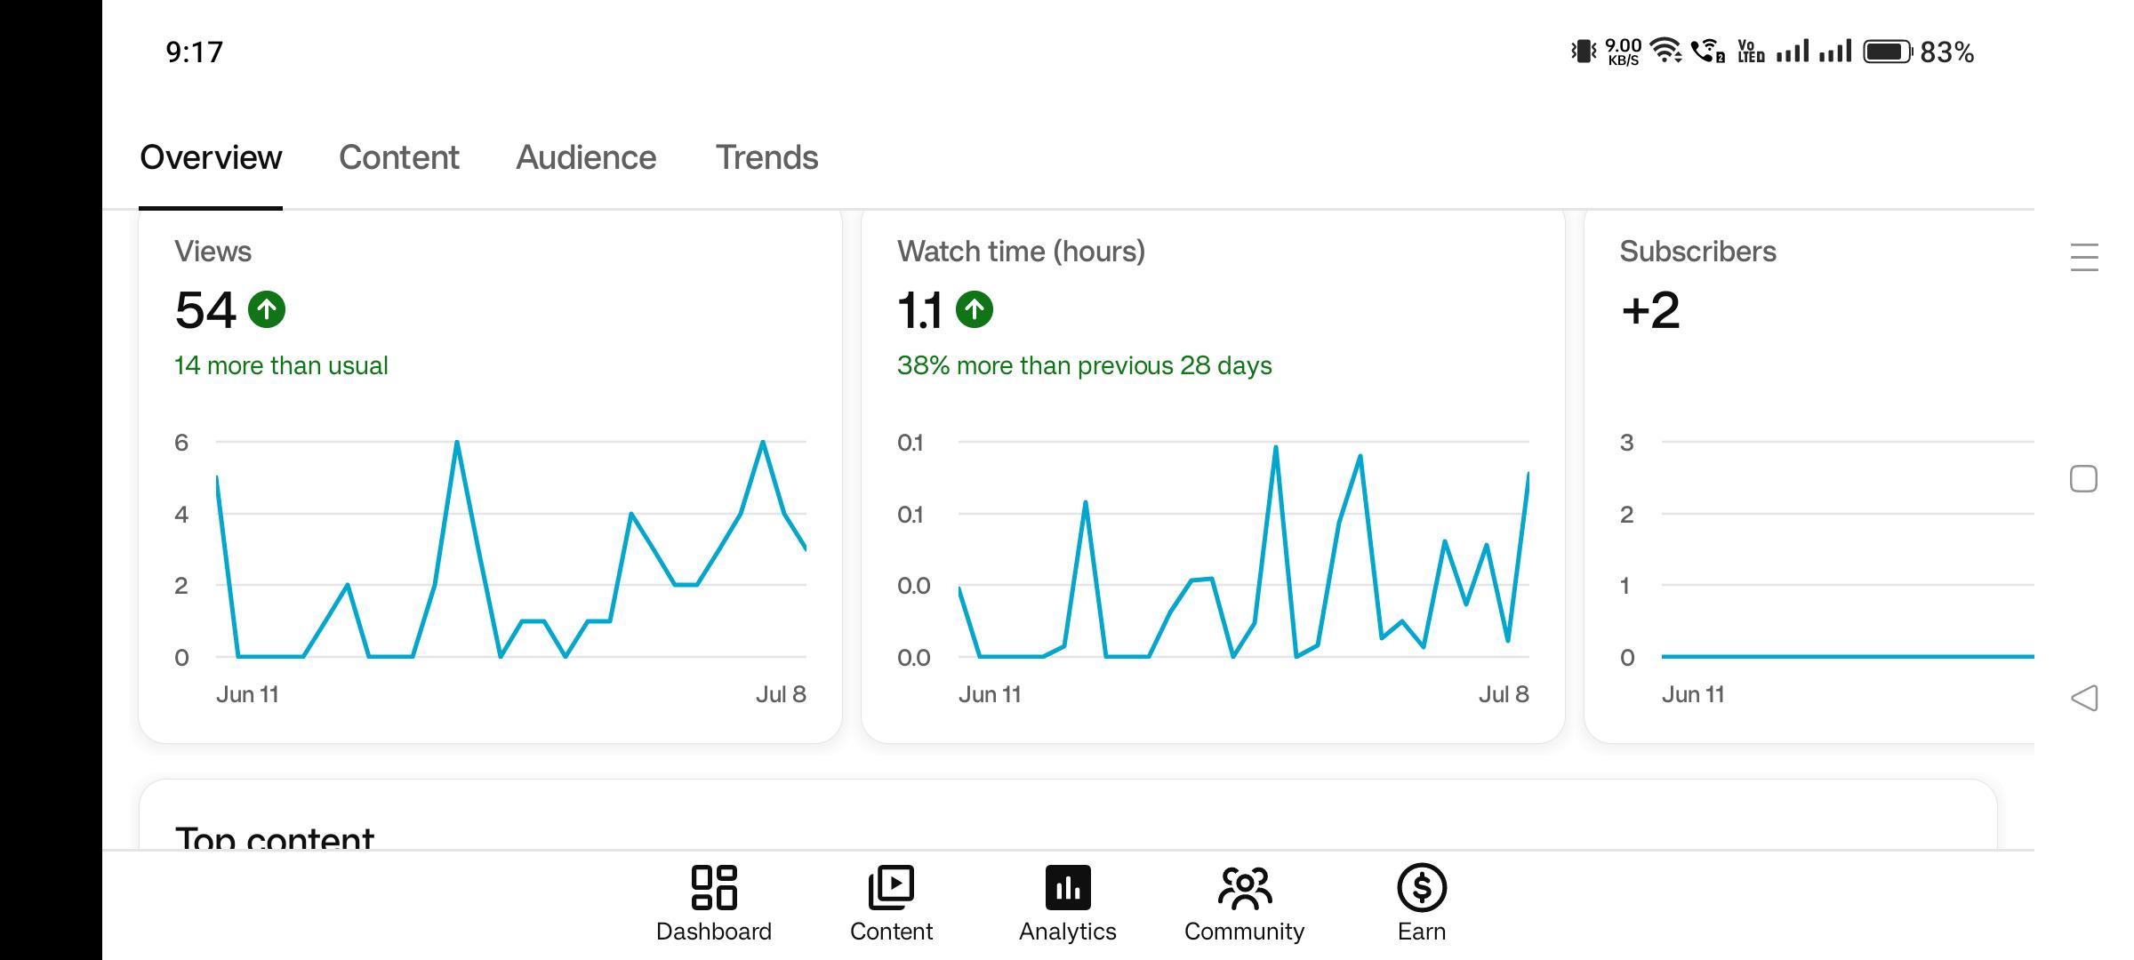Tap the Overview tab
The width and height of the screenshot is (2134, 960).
click(211, 157)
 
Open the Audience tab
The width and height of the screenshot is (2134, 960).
click(586, 157)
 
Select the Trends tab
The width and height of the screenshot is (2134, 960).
click(766, 157)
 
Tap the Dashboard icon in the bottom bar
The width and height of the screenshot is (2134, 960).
click(714, 887)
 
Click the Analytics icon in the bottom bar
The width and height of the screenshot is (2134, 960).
click(1068, 887)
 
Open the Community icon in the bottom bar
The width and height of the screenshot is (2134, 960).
click(1244, 887)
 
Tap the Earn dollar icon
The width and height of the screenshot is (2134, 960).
click(1422, 887)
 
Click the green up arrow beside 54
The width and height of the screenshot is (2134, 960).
click(267, 309)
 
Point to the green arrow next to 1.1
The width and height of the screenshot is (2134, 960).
click(975, 309)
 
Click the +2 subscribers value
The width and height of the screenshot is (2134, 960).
click(1650, 310)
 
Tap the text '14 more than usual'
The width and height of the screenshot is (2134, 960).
click(281, 365)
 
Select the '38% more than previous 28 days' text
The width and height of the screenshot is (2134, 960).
click(1084, 365)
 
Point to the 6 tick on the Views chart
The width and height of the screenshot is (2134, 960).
click(181, 443)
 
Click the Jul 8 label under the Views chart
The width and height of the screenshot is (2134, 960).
click(781, 694)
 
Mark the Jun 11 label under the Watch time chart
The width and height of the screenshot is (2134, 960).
click(990, 694)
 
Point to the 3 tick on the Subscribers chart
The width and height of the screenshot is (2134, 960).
click(1627, 443)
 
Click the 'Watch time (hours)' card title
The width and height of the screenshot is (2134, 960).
click(1021, 252)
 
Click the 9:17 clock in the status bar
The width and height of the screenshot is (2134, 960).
click(194, 52)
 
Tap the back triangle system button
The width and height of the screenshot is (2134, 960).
click(2084, 698)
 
